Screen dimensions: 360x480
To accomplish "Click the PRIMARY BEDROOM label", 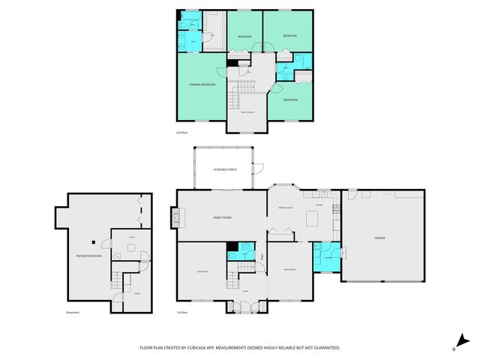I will pos(202,85).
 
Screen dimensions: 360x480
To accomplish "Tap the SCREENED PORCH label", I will pos(225,169).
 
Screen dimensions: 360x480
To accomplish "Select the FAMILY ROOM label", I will pos(222,217).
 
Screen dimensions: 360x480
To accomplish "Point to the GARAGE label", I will pos(380,238).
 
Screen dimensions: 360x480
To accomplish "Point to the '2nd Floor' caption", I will pos(182,133).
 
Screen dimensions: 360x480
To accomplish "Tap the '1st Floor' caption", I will pos(182,313).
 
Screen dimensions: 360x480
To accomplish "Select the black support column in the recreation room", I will pos(93,242).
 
